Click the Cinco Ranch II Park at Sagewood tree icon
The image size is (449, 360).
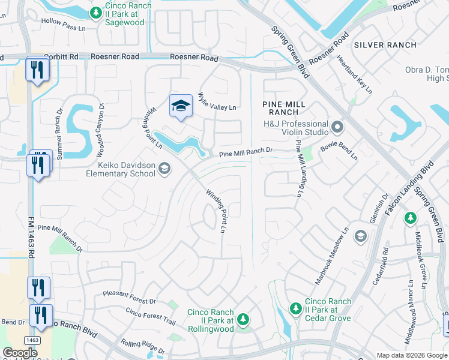tap(95, 12)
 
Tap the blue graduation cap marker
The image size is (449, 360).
tap(181, 106)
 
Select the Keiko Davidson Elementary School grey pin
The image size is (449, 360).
tap(164, 170)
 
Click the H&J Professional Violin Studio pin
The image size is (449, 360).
tap(337, 127)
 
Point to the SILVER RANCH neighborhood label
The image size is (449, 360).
tap(385, 45)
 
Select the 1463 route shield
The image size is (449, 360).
tap(33, 340)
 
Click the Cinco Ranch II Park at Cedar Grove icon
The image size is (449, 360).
tap(295, 308)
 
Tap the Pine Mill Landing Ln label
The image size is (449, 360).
tap(298, 168)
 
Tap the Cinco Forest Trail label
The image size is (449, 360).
tap(151, 316)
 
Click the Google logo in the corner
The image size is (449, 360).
tap(20, 353)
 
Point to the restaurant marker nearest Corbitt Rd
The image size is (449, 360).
tap(37, 71)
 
